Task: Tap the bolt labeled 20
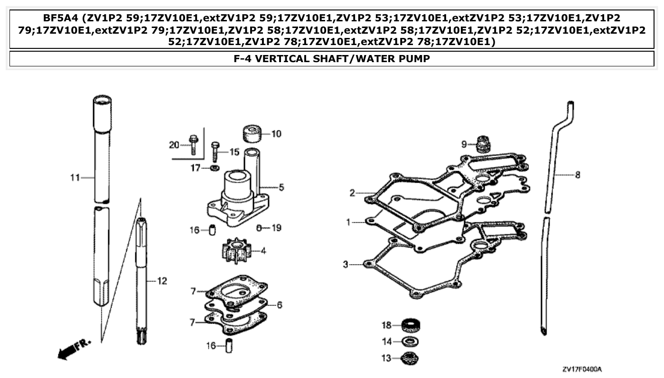193,145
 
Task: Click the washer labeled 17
214,168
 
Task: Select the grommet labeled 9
482,144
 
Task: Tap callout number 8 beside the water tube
577,175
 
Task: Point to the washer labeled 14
410,341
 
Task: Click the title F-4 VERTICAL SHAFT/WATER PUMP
332,59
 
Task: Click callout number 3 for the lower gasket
346,264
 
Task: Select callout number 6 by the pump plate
279,305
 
